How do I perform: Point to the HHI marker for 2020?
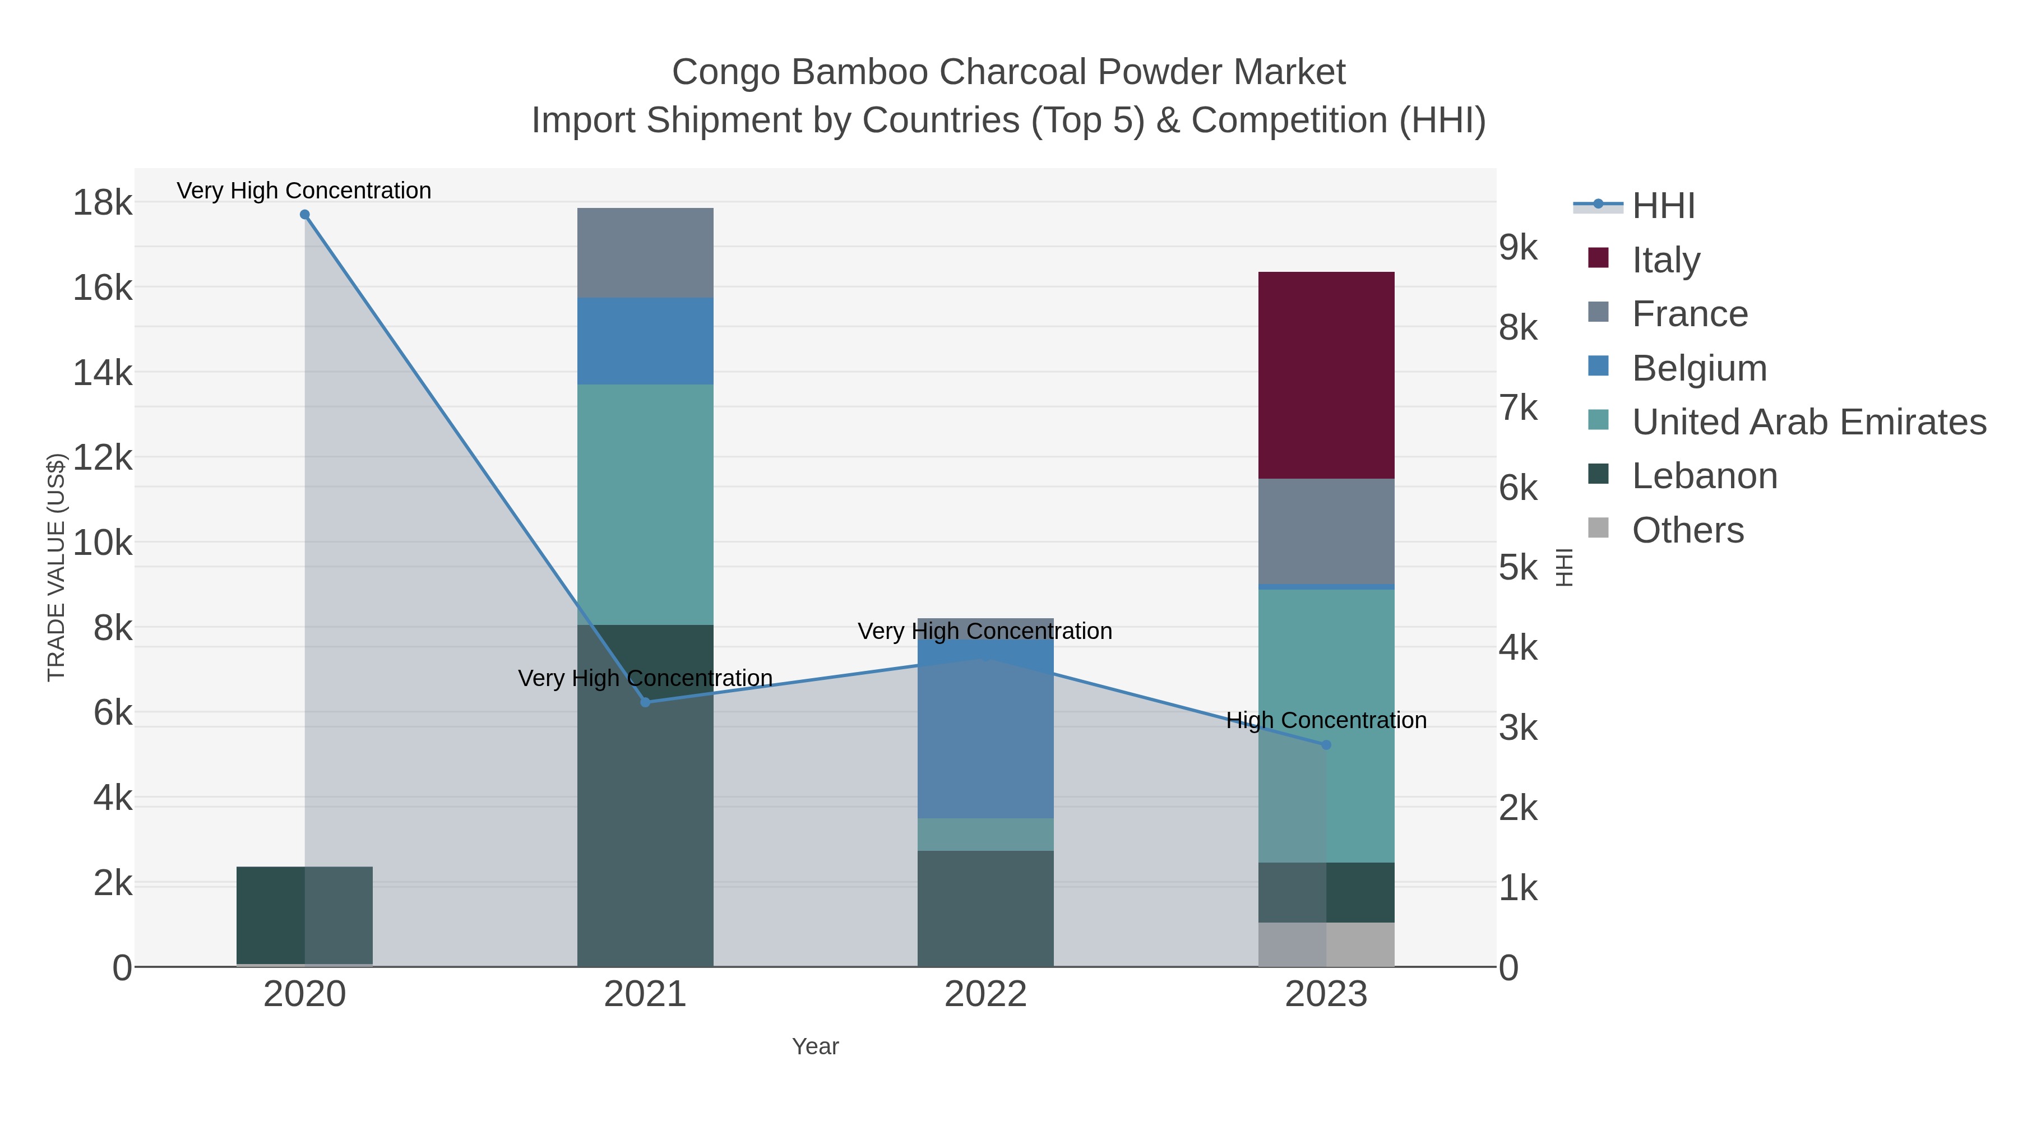(x=305, y=215)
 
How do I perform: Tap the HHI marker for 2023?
(x=1326, y=745)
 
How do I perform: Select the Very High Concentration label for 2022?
(x=985, y=631)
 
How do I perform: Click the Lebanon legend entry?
(x=1704, y=476)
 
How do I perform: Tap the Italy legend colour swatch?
(x=1598, y=258)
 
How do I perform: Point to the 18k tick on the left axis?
(x=102, y=203)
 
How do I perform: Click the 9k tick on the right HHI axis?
(x=1518, y=248)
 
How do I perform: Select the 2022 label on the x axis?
(x=985, y=995)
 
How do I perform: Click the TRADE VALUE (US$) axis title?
(x=57, y=567)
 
